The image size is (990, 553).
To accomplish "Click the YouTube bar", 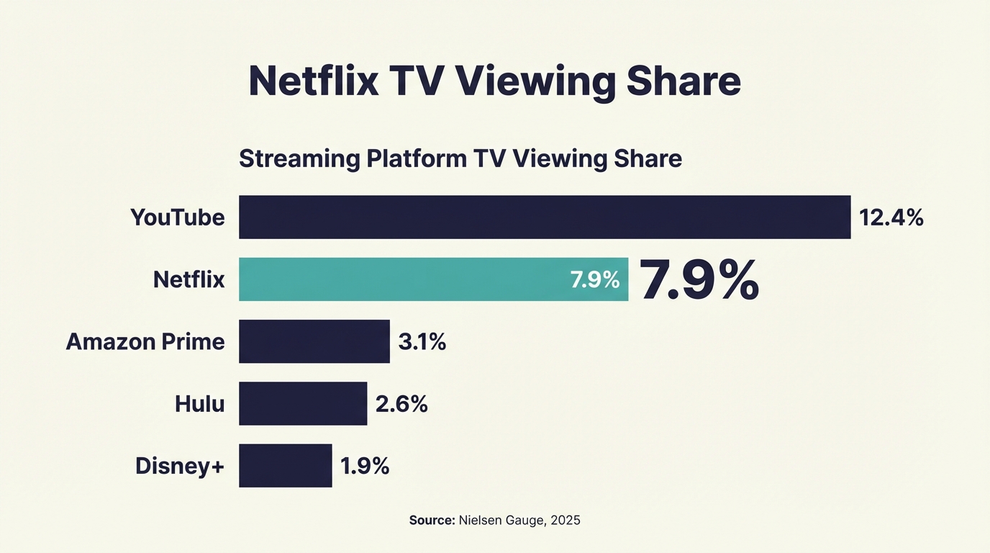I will pos(545,217).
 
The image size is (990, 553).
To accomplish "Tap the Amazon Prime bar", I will pos(314,341).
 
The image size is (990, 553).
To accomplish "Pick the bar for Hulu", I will pos(303,404).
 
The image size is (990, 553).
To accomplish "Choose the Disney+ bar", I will pos(286,466).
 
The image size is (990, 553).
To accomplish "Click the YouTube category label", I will pos(178,217).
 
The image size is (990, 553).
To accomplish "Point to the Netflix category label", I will pos(189,279).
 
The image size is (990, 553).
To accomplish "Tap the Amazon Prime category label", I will pos(145,341).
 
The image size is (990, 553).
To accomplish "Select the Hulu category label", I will pos(200,404).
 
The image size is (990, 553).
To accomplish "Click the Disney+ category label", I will pos(180,466).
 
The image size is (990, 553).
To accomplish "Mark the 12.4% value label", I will pos(891,217).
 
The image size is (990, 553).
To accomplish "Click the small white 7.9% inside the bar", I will pos(595,280).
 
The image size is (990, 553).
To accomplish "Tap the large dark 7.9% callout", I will pos(699,280).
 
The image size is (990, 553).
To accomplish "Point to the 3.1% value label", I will pos(422,342).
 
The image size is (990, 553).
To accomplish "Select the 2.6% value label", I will pos(401,404).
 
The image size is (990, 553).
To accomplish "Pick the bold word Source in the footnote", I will pos(432,520).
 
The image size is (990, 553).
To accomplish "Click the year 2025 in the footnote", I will pos(565,520).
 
